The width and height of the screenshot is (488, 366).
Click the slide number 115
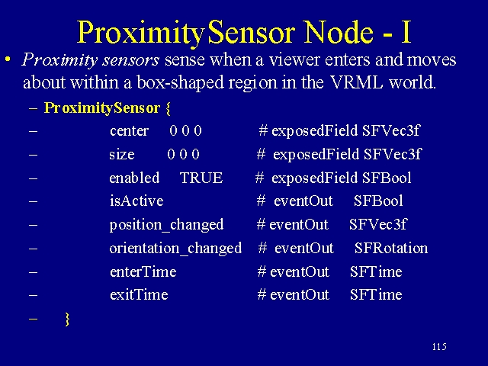(x=439, y=346)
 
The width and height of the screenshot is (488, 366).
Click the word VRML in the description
(x=356, y=82)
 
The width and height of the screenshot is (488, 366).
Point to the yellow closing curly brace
(x=67, y=319)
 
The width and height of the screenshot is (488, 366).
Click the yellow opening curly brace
(x=168, y=108)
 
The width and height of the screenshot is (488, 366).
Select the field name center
(x=129, y=130)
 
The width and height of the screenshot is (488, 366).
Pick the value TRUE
(x=201, y=178)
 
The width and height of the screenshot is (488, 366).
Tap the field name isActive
(x=136, y=201)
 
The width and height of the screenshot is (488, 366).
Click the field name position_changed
(x=166, y=226)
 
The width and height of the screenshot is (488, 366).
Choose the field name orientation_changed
(x=175, y=249)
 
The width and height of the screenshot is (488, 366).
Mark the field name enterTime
(x=143, y=271)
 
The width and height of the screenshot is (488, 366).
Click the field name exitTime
(x=139, y=295)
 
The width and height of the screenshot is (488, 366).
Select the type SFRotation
(x=391, y=248)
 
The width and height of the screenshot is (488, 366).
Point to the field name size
(x=122, y=154)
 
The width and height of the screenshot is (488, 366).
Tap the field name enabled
(x=134, y=178)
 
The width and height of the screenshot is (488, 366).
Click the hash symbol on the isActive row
(x=261, y=201)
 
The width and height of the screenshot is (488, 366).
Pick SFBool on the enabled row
(x=387, y=178)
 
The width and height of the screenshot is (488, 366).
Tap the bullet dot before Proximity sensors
(x=8, y=59)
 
